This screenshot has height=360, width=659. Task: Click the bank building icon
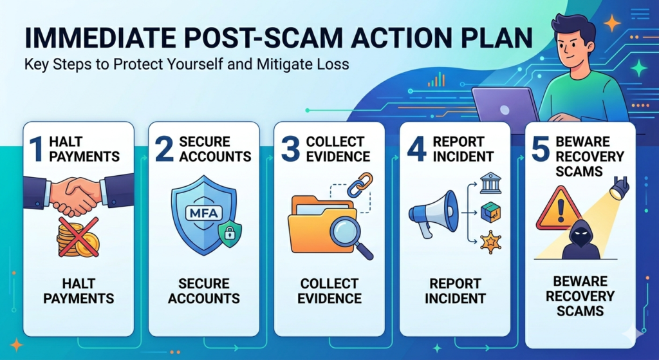(x=490, y=183)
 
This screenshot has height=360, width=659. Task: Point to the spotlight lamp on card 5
(x=620, y=188)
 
